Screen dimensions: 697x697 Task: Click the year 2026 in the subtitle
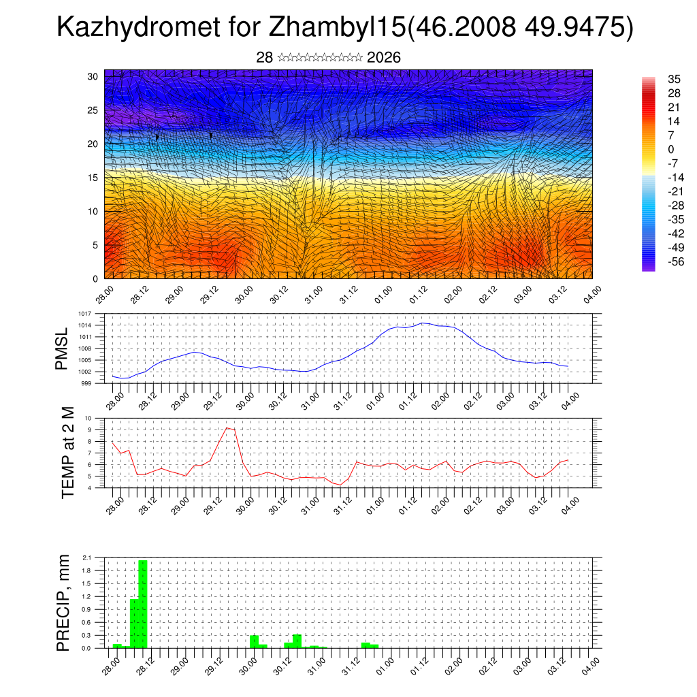384,58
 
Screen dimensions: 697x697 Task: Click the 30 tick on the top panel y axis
93,76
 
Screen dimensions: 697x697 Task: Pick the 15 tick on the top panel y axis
93,178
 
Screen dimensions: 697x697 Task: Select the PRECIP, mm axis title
63,602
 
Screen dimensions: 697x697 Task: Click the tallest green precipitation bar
143,604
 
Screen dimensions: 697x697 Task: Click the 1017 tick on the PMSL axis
85,314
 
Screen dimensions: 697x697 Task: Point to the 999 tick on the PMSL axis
86,383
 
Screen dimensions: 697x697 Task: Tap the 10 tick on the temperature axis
88,418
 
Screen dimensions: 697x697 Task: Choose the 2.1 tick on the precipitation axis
87,557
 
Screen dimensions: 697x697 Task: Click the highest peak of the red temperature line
227,427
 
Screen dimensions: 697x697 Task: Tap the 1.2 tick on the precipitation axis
87,596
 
